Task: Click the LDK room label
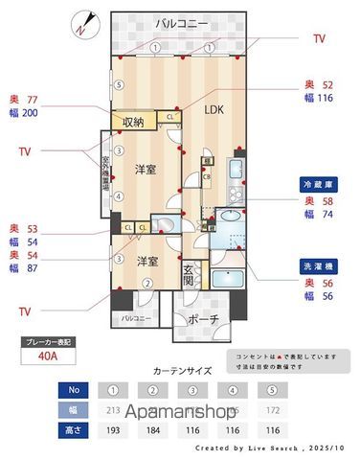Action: pos(213,109)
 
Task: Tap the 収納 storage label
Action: pos(133,122)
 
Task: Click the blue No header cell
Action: pos(73,390)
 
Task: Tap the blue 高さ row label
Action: pos(73,430)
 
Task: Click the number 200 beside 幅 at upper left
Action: pos(30,113)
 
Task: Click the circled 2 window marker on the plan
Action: pos(147,283)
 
